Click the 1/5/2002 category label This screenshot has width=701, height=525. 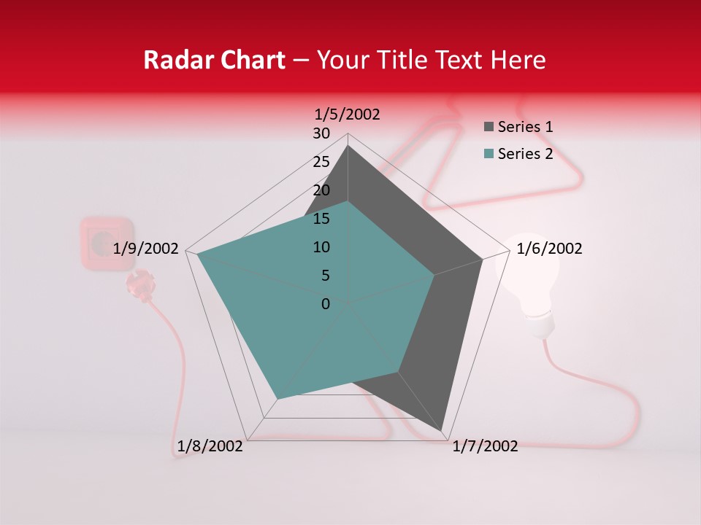pyautogui.click(x=348, y=114)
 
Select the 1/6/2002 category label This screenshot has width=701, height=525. pyautogui.click(x=549, y=249)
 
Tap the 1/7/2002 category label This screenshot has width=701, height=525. pyautogui.click(x=485, y=446)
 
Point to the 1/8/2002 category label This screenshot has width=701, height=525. pyautogui.click(x=210, y=446)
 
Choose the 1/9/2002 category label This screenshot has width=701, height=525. pyautogui.click(x=146, y=249)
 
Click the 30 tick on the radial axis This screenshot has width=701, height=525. pyautogui.click(x=321, y=133)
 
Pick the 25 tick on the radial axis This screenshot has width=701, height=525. pyautogui.click(x=321, y=162)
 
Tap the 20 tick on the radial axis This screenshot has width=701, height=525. pyautogui.click(x=321, y=190)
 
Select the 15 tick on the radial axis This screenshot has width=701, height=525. pyautogui.click(x=321, y=219)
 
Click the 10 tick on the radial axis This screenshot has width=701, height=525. pyautogui.click(x=321, y=247)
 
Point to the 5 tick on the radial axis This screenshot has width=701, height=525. pyautogui.click(x=325, y=276)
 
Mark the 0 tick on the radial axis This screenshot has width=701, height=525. pyautogui.click(x=326, y=304)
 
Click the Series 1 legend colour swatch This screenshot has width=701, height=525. pyautogui.click(x=489, y=128)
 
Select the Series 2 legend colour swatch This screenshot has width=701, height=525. pyautogui.click(x=489, y=154)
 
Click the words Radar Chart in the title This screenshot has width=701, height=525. pyautogui.click(x=214, y=60)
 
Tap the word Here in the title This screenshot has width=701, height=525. pyautogui.click(x=518, y=60)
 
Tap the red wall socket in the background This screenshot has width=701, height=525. pyautogui.click(x=107, y=244)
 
